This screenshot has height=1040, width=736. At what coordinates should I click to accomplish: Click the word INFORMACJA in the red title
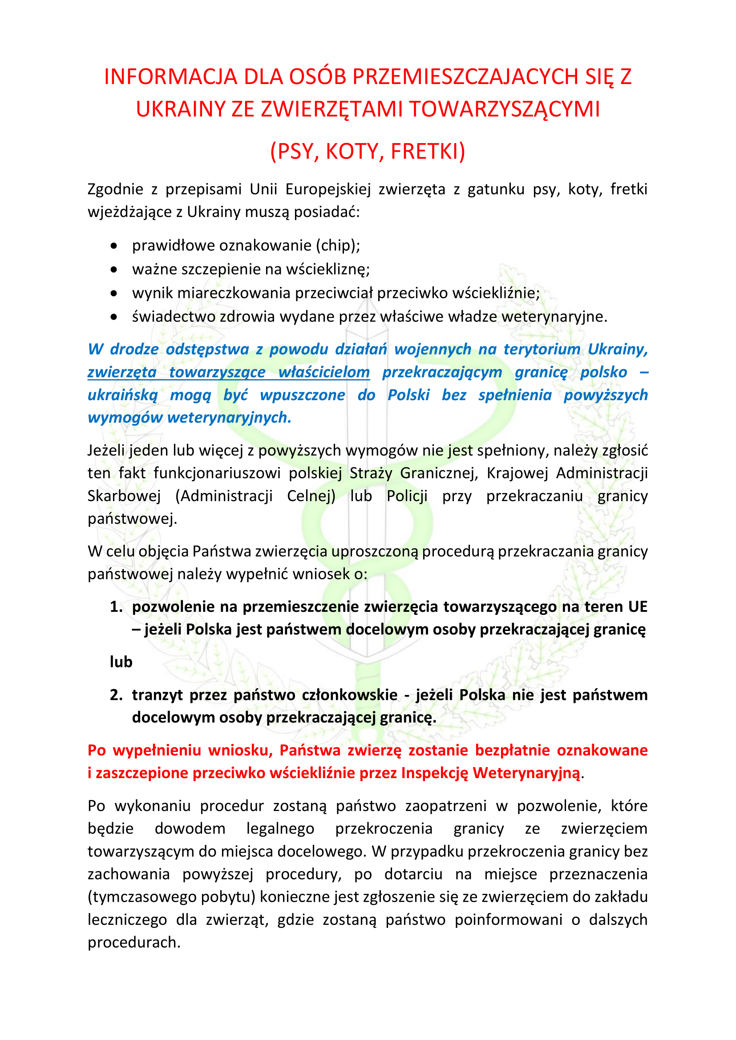click(170, 76)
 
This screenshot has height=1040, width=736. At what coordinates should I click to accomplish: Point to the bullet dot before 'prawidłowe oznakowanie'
click(114, 246)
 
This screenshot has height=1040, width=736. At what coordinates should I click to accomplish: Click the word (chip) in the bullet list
click(338, 245)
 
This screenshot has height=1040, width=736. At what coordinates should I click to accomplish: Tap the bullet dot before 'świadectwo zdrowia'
click(114, 317)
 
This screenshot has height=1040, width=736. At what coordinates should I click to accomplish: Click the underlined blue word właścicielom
click(324, 372)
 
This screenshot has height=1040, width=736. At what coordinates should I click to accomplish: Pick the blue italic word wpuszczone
click(302, 395)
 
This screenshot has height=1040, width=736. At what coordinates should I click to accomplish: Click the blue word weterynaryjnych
click(229, 418)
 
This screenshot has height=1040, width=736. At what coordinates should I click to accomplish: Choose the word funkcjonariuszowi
click(217, 473)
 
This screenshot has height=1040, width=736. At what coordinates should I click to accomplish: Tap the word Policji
click(407, 496)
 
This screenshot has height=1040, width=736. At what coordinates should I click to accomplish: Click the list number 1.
click(116, 606)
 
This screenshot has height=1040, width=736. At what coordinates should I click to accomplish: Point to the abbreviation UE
click(637, 606)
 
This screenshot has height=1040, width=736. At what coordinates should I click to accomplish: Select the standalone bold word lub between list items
click(121, 662)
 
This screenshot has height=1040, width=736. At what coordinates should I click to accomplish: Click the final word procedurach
click(134, 943)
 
